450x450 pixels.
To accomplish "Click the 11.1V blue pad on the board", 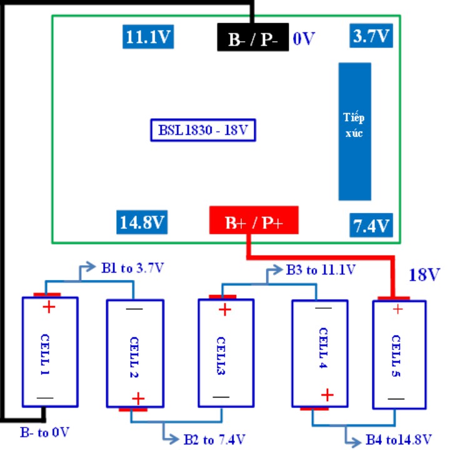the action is tap(148, 37).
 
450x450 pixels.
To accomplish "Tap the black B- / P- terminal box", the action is tap(253, 37).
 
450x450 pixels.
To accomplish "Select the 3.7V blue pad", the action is tap(371, 36).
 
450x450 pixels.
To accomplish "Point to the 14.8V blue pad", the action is tap(142, 222).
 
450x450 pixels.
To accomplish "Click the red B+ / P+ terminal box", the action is tap(254, 220).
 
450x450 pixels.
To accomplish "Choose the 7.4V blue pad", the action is tap(371, 225).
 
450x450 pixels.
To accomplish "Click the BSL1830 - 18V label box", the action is tap(203, 130).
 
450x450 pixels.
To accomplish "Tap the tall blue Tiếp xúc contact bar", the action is tap(355, 131).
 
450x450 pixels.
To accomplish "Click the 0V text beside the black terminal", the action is tap(304, 39).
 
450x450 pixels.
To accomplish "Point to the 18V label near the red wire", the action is tap(424, 274).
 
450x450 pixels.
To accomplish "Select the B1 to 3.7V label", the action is tap(132, 268).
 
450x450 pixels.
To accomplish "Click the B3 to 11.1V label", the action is tap(321, 270).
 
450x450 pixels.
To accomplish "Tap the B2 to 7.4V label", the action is tap(214, 439).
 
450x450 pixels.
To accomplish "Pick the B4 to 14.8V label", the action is tap(399, 439).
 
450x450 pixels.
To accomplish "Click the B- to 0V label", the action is tap(45, 432).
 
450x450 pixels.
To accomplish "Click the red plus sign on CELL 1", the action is tap(49, 307).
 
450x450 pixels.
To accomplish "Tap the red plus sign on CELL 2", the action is tap(138, 399).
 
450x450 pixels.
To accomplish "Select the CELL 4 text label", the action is tap(323, 348).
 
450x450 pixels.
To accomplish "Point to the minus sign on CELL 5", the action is tap(396, 399).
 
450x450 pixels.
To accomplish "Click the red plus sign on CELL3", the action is tap(225, 310).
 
